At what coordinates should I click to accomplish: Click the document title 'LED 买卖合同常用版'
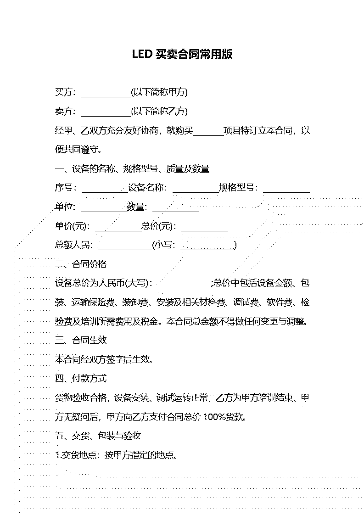182,54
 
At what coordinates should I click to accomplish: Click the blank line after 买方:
106,97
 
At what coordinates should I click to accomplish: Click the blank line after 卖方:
106,116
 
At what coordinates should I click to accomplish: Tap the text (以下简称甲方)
159,92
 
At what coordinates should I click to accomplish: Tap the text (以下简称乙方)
159,112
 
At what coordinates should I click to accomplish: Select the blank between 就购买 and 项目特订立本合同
208,135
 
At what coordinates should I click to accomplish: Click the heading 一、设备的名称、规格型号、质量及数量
132,169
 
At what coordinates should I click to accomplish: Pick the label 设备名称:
147,188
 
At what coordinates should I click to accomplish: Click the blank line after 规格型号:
286,192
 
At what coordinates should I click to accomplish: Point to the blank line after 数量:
176,211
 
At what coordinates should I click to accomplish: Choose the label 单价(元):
71,226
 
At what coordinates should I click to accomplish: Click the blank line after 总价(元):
204,230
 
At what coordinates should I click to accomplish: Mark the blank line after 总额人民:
125,250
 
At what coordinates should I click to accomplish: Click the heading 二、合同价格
81,264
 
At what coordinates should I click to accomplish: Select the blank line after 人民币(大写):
185,287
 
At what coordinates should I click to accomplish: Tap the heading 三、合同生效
81,340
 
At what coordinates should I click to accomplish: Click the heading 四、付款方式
81,378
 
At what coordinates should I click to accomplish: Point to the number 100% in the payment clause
214,417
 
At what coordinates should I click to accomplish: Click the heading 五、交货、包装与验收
98,436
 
